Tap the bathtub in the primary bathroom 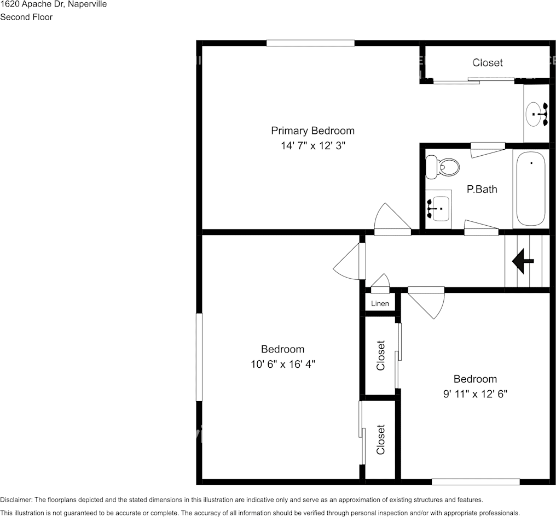530,189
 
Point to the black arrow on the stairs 523,261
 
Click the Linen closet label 380,304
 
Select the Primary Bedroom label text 312,131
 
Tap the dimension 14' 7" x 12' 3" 312,146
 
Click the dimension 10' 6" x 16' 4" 282,365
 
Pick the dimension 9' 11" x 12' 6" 475,394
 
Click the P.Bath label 482,190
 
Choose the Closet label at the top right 487,63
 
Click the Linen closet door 380,282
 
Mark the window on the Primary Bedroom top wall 310,43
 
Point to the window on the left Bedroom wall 199,357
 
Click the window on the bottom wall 475,481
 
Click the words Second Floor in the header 26,17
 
